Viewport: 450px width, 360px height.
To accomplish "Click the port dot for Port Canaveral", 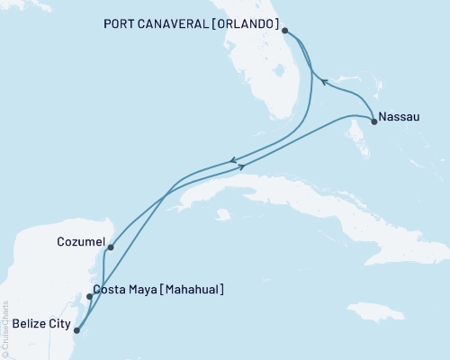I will pos(284,31).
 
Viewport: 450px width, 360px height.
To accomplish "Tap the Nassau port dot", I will pos(373,121).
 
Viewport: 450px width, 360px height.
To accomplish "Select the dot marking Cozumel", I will pos(110,247).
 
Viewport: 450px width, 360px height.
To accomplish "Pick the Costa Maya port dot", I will pos(88,296).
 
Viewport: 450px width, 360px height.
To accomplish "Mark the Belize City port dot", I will pos(76,329).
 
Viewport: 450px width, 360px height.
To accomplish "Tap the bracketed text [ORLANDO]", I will pos(250,22).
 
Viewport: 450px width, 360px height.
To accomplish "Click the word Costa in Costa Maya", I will pos(111,290).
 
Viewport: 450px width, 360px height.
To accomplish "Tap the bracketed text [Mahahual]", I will pos(193,290).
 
